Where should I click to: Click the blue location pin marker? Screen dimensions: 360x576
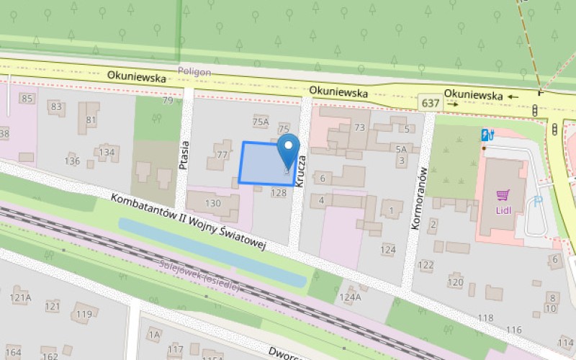[x=289, y=150]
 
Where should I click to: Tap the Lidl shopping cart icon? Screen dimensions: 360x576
[x=503, y=194]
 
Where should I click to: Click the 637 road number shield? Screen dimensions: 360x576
[x=431, y=104]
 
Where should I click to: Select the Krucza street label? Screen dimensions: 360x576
[x=302, y=172]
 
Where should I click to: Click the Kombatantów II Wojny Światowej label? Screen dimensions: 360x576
[x=189, y=222]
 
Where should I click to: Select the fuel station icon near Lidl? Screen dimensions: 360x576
[x=487, y=134]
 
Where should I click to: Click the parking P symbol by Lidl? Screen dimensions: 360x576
[x=538, y=203]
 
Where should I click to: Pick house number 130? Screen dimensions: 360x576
[x=213, y=203]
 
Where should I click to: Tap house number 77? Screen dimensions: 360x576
[x=222, y=154]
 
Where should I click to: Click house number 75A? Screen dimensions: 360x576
[x=261, y=122]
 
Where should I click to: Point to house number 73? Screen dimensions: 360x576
[x=360, y=127]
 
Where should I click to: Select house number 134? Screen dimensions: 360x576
[x=107, y=152]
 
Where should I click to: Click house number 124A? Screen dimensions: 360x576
[x=350, y=297]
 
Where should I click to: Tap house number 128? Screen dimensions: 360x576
[x=279, y=193]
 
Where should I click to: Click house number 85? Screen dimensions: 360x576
[x=28, y=98]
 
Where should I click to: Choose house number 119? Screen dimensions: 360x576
[x=85, y=314]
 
